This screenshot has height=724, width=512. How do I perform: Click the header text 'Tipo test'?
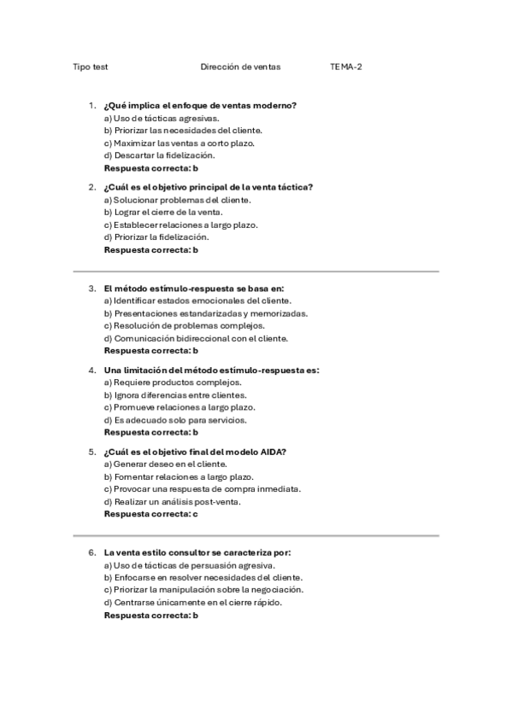90,67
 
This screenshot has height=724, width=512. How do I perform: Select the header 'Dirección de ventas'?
240,67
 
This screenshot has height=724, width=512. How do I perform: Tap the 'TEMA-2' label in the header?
346,67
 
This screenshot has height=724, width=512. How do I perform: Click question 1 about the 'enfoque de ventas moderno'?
200,106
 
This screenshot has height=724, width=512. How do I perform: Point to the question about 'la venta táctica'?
208,187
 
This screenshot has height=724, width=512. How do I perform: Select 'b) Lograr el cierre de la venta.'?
162,212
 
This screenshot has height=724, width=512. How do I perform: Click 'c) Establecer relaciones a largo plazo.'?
180,225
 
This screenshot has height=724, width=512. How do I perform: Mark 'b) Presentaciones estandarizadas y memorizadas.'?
205,312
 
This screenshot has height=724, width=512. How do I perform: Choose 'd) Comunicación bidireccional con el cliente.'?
196,338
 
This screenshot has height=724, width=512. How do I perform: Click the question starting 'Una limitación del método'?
211,371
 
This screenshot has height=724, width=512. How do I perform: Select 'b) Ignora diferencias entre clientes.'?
174,395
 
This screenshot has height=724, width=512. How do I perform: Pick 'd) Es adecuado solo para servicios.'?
174,420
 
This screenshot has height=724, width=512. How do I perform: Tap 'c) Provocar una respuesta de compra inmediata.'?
202,489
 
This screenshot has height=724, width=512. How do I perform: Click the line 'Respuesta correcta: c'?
150,514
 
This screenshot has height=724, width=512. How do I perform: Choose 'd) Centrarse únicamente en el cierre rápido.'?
192,602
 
